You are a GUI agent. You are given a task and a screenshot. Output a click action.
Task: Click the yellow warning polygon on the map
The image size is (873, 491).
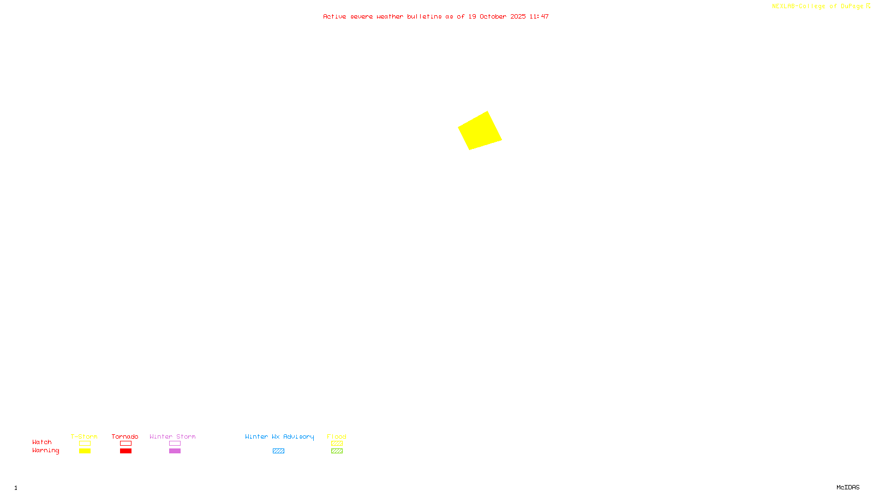click(480, 131)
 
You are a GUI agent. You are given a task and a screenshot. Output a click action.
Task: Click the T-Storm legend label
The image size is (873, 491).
click(84, 436)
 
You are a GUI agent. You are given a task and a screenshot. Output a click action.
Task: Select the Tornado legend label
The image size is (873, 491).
click(125, 436)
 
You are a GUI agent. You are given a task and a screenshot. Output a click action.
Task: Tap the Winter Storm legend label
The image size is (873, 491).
click(172, 436)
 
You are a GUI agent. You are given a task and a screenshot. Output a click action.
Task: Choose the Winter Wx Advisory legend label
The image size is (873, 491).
click(279, 436)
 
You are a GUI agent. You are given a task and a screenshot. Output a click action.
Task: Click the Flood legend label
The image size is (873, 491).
click(337, 436)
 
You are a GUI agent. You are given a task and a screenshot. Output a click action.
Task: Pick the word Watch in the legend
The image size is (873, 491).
click(42, 442)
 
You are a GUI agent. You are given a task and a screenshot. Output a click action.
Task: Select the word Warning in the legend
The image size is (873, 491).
click(45, 451)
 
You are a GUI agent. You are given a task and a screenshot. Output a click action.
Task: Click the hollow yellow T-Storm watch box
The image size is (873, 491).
click(85, 444)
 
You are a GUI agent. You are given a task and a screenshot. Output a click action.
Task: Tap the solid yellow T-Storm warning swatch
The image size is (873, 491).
click(85, 451)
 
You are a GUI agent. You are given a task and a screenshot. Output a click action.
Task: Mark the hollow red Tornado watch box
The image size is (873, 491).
click(125, 444)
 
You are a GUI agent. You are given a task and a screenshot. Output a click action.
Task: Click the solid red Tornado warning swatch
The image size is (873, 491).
click(125, 451)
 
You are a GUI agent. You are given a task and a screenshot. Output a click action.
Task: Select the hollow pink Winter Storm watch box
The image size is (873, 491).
click(175, 444)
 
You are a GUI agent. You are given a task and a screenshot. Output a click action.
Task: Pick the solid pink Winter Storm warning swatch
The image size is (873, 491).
click(175, 451)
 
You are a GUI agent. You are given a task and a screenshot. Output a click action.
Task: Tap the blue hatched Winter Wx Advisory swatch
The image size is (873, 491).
click(278, 451)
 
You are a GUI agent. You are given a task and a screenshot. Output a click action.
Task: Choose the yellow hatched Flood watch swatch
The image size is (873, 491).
click(337, 444)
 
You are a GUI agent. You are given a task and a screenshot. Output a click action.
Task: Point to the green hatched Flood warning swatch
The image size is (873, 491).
click(337, 451)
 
